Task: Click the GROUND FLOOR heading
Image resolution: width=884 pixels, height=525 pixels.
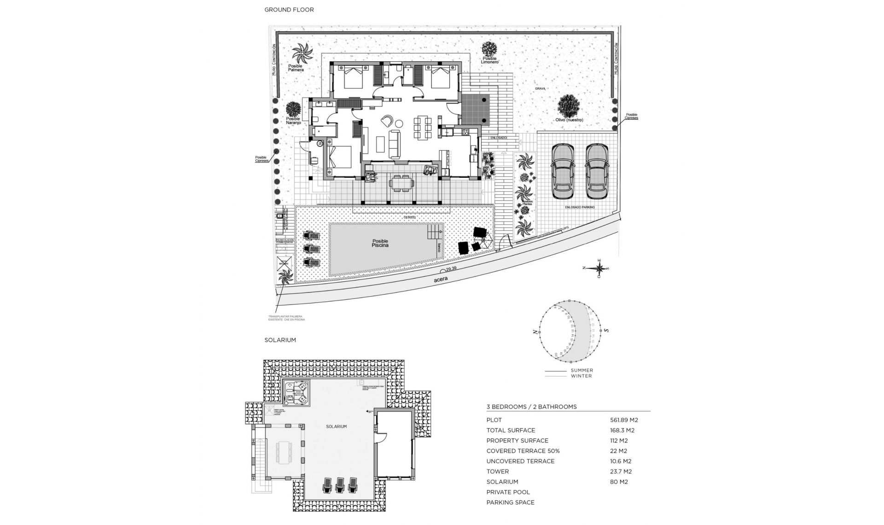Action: [x=289, y=10]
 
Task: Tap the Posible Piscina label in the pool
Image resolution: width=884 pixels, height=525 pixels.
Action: [x=380, y=243]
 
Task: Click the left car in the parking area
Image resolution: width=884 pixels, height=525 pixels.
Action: [x=563, y=171]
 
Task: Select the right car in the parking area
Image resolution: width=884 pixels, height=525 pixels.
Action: [x=596, y=171]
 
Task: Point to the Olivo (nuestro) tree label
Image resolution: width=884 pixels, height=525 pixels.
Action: [x=569, y=120]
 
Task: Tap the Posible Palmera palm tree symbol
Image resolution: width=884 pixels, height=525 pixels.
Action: [x=302, y=54]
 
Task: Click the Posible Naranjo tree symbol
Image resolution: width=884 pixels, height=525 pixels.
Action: [x=293, y=109]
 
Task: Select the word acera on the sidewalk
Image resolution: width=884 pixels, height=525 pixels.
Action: [x=441, y=279]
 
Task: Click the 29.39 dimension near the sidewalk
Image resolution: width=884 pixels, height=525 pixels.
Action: [x=451, y=268]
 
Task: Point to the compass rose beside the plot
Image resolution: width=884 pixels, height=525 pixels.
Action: [x=599, y=268]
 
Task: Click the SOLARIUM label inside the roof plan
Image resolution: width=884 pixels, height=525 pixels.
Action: [x=336, y=427]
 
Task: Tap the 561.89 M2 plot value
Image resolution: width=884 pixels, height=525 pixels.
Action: [x=623, y=420]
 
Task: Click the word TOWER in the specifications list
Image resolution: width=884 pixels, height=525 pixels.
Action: [x=497, y=472]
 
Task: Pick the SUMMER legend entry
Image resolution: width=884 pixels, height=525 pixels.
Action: [x=582, y=370]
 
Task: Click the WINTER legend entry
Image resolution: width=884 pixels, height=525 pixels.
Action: [x=581, y=376]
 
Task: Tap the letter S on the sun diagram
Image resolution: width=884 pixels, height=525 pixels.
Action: [x=606, y=330]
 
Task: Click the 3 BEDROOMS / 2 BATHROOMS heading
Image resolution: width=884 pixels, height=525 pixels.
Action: [x=531, y=407]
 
